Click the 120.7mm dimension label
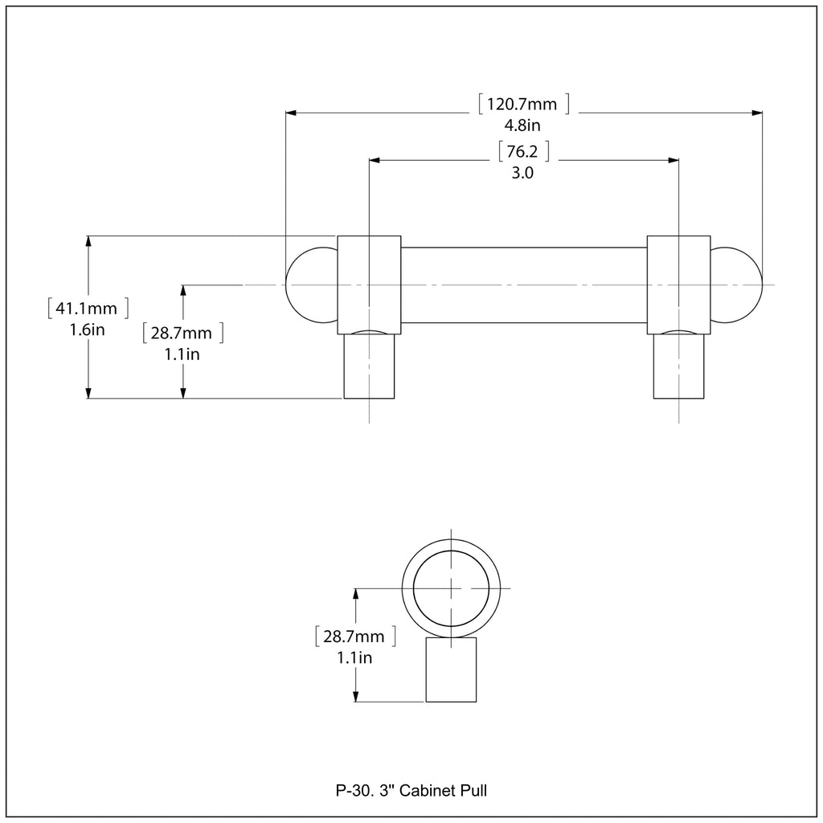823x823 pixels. (523, 104)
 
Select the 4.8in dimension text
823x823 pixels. (522, 125)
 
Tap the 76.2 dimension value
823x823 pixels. (523, 151)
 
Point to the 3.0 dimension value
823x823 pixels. (522, 172)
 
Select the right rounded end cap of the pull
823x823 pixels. (736, 285)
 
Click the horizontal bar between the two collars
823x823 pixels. (524, 285)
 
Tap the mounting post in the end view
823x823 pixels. (451, 670)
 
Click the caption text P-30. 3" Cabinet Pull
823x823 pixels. (411, 791)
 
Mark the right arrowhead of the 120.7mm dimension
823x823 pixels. (757, 113)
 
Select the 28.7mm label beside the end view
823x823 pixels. (354, 637)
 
